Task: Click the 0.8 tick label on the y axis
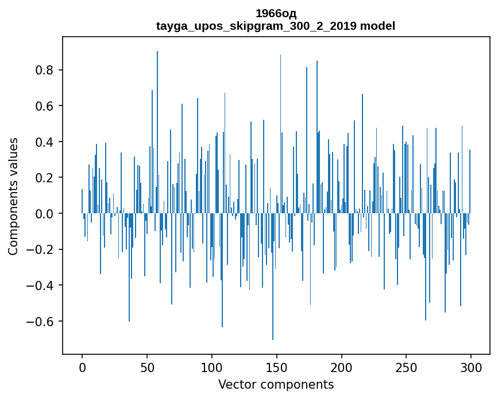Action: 44,71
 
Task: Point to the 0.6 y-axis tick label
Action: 44,106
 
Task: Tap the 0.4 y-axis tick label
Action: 44,142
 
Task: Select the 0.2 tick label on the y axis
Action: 44,178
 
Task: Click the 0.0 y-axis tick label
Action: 44,214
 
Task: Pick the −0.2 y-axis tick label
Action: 40,249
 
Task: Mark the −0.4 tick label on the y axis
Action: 40,285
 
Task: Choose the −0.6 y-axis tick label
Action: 40,321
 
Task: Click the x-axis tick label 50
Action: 147,367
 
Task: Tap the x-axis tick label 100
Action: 212,367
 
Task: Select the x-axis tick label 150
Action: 277,367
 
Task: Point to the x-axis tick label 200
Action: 342,367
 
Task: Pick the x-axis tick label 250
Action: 406,367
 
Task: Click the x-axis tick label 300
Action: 471,367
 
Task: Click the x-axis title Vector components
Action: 276,384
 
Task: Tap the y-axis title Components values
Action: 13,196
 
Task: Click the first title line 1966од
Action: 276,14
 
